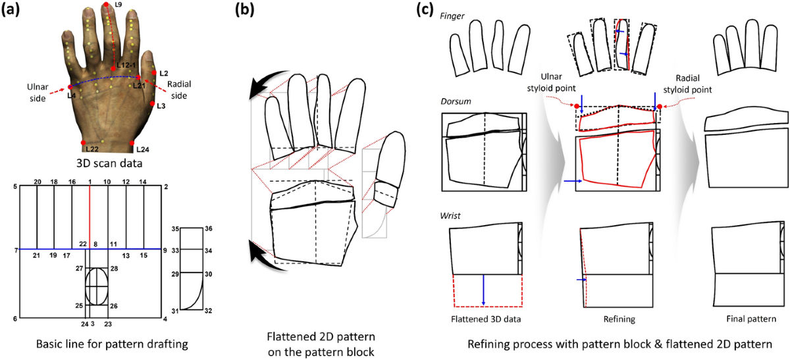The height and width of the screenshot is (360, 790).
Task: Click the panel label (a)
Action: [x=14, y=9]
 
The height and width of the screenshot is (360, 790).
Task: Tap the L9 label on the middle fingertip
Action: [x=118, y=5]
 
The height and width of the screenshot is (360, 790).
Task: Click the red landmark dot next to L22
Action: [x=83, y=142]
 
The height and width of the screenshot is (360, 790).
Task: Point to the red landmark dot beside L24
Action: [x=132, y=143]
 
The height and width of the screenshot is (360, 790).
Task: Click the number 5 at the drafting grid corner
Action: [x=15, y=188]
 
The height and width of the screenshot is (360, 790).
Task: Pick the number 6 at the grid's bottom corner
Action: [x=15, y=319]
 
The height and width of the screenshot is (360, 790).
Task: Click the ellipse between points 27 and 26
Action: [x=96, y=286]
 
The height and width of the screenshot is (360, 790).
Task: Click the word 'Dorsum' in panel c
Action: [x=456, y=102]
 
